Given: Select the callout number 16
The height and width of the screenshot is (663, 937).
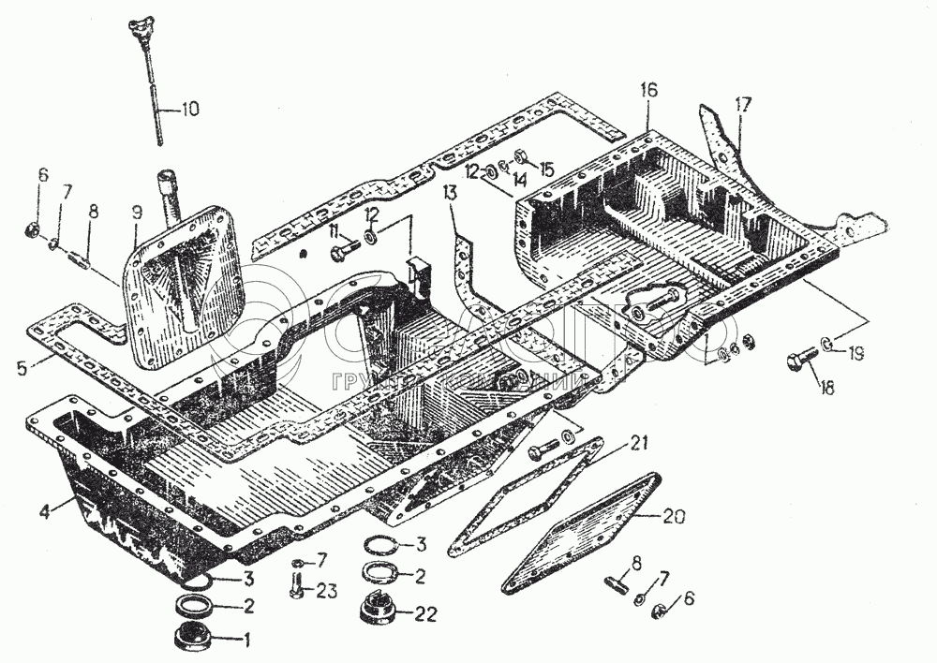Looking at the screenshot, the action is pos(649,90).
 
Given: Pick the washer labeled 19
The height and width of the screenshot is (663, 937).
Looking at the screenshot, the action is pos(827,344).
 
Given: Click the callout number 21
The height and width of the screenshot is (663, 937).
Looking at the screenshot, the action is pos(638,442).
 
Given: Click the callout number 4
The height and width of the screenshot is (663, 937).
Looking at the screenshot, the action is pos(44,510).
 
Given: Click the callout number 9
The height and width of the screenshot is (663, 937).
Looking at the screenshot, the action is pos(136,212).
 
